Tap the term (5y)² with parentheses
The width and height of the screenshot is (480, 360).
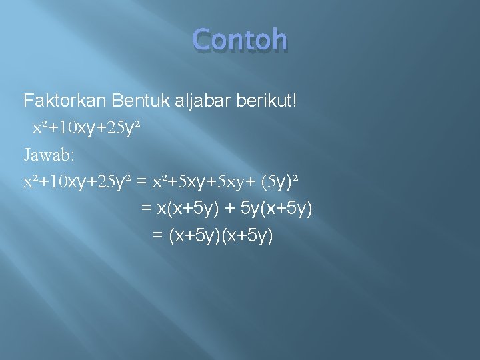[281, 181]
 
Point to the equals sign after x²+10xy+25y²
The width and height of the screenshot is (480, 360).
[141, 181]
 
